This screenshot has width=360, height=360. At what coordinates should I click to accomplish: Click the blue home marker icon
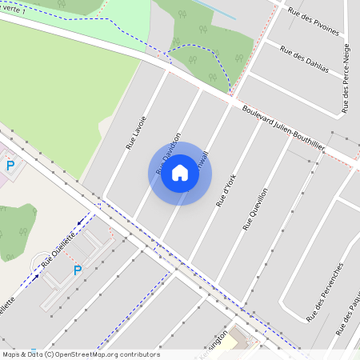180,174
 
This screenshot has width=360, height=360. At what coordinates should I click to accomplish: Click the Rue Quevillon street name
254,209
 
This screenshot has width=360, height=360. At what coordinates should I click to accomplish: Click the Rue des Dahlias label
304,59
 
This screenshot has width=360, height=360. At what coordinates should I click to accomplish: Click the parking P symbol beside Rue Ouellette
78,270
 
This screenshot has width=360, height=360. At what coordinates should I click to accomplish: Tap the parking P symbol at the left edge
10,166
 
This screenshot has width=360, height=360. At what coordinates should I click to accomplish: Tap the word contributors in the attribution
138,354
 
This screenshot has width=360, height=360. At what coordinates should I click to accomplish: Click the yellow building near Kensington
230,342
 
